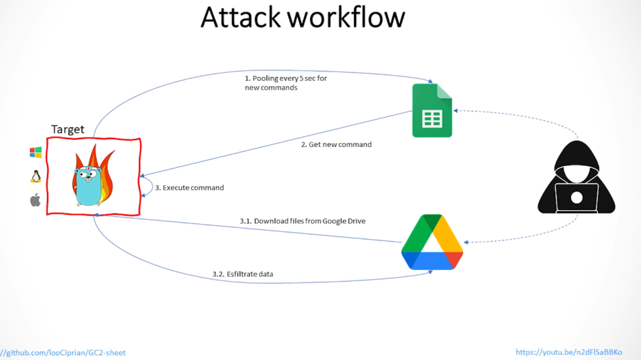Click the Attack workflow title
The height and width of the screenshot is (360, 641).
click(x=302, y=18)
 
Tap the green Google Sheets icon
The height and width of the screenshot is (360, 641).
click(x=431, y=110)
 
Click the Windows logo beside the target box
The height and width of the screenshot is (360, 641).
click(x=36, y=152)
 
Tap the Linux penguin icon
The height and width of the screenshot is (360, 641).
click(x=36, y=176)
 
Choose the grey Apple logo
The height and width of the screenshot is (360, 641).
click(x=36, y=200)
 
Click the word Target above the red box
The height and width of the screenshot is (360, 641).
click(x=68, y=130)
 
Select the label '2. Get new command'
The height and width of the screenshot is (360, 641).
click(x=336, y=145)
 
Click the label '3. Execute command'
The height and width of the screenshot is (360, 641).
click(x=189, y=187)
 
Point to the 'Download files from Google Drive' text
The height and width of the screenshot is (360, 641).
click(x=302, y=221)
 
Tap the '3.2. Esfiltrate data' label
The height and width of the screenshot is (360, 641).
click(x=242, y=274)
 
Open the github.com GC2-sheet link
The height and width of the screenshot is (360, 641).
click(x=63, y=352)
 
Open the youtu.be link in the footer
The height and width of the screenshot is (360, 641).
click(x=569, y=352)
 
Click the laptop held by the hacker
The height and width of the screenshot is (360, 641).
click(x=576, y=198)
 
